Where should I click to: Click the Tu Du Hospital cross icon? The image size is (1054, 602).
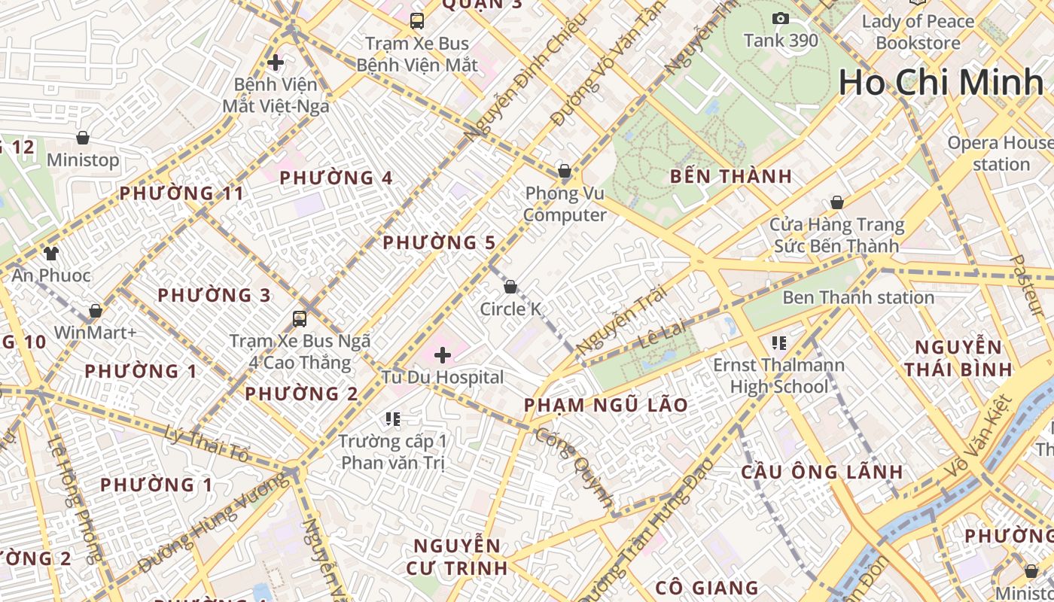443,354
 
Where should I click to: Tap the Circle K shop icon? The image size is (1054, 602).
510,287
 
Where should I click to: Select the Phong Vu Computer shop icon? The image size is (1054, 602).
565,171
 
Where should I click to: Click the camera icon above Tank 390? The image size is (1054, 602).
781,18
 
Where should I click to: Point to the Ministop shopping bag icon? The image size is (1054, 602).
83,138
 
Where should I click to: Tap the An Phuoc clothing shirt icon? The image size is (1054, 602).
50,253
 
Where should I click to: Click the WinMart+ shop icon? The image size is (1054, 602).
96,311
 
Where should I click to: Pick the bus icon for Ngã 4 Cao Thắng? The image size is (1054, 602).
300,318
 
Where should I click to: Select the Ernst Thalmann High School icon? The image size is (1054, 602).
779,343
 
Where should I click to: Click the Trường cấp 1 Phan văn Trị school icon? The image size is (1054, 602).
392,418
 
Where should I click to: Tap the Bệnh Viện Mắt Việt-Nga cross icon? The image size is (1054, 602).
276,62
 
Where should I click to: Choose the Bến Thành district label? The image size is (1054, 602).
731,177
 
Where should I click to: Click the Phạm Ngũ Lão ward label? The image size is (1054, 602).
606,405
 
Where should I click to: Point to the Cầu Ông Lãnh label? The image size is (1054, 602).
822,473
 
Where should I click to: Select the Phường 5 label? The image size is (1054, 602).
439,243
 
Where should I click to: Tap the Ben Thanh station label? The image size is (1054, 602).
858,297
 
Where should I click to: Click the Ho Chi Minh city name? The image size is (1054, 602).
941,82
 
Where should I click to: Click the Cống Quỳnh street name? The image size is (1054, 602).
575,467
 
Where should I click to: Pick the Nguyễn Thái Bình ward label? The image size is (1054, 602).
958,358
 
